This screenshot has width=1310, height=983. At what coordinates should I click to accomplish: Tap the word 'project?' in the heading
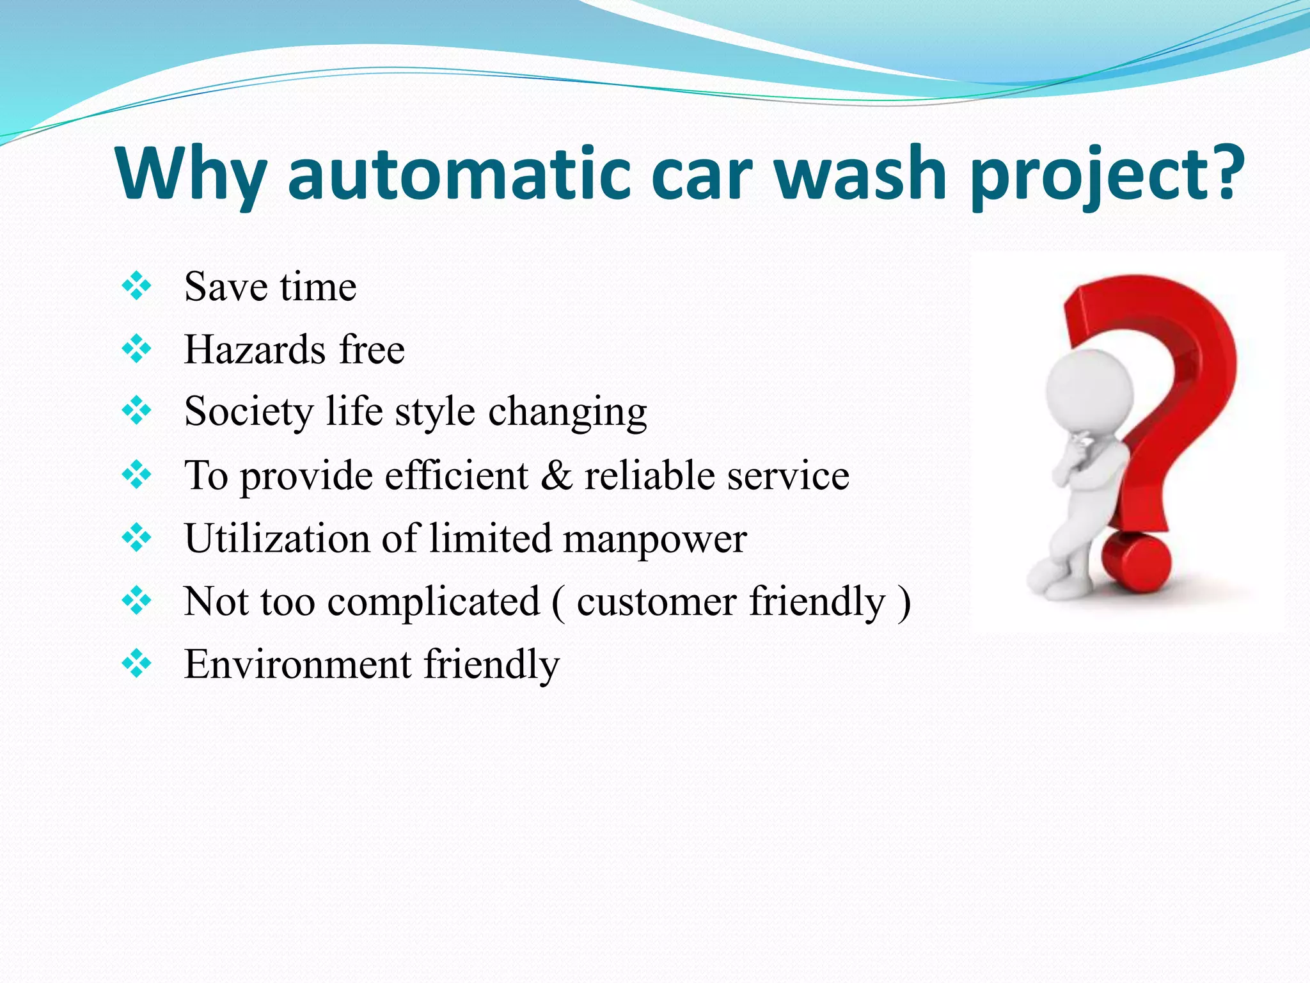point(1107,174)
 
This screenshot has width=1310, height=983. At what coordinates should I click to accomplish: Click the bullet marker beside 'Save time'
point(136,286)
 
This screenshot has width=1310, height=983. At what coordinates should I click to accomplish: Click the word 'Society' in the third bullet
point(248,411)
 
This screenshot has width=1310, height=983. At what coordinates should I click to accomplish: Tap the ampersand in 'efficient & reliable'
point(556,476)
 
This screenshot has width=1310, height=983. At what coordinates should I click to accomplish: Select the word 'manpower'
point(654,538)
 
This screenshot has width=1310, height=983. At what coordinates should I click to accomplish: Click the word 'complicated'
point(434,602)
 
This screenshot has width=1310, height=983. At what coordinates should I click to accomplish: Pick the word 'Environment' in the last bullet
point(297,664)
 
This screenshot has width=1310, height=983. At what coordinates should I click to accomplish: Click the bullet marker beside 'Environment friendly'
point(136,664)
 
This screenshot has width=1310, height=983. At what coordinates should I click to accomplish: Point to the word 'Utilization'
point(277,538)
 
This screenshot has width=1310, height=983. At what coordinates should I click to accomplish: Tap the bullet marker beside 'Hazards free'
point(136,349)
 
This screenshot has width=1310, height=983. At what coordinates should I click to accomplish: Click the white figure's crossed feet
point(1055,582)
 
